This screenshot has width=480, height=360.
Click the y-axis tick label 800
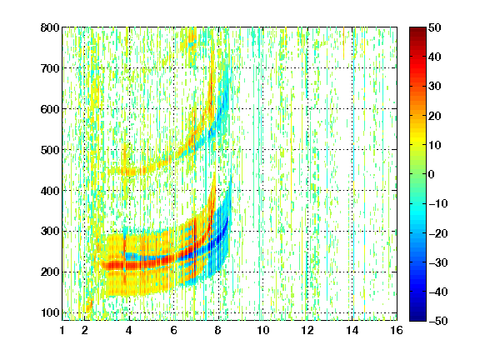(x=50, y=27)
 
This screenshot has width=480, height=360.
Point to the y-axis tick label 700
(x=50, y=68)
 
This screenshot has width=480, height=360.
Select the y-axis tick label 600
(x=50, y=109)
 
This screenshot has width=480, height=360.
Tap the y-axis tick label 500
(x=50, y=150)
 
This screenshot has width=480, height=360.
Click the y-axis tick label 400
(x=50, y=191)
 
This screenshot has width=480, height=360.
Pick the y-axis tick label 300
(x=50, y=232)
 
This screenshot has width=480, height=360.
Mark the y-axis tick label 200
(x=50, y=272)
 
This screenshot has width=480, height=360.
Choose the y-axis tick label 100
(x=50, y=312)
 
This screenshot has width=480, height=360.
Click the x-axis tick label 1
(x=62, y=330)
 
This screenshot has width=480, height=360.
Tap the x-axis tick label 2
(x=85, y=330)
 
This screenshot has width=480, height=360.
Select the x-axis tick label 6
(x=174, y=330)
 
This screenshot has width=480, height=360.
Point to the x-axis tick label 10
(x=263, y=330)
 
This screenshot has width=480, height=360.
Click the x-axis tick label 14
(x=352, y=330)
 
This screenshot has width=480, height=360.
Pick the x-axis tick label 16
(x=397, y=330)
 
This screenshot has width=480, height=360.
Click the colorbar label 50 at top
(x=435, y=27)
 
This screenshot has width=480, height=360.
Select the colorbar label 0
(x=432, y=174)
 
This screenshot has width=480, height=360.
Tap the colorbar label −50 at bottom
(x=438, y=321)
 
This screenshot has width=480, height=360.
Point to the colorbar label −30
(x=438, y=262)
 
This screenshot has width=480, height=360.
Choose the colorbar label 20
(x=435, y=116)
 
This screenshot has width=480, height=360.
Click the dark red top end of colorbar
(x=417, y=29)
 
